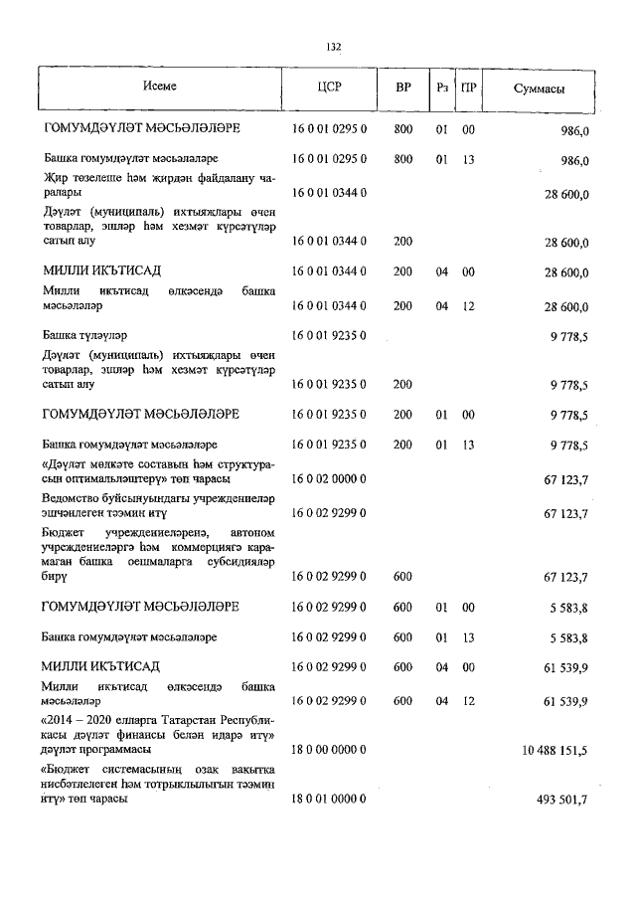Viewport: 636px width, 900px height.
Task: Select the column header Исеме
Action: pyautogui.click(x=159, y=87)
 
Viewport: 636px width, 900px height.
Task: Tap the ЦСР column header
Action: pyautogui.click(x=330, y=88)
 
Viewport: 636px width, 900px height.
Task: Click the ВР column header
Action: pyautogui.click(x=403, y=88)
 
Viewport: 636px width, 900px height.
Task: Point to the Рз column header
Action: pyautogui.click(x=442, y=88)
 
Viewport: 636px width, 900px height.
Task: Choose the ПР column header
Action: pyautogui.click(x=469, y=88)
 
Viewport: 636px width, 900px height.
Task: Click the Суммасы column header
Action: pyautogui.click(x=540, y=88)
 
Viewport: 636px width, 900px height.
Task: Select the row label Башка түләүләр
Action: pyautogui.click(x=85, y=336)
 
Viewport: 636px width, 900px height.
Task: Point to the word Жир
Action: pyautogui.click(x=56, y=176)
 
